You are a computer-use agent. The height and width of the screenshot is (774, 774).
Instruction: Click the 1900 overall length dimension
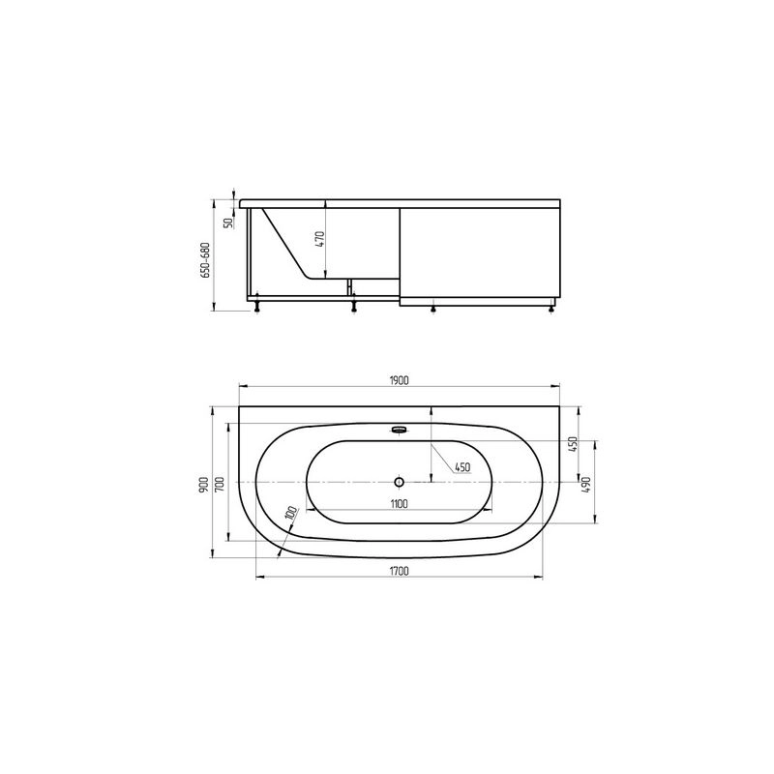coord(399,380)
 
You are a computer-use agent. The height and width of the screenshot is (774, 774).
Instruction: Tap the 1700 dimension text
coord(399,571)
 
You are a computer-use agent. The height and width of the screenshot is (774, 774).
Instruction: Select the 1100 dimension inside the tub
coord(399,503)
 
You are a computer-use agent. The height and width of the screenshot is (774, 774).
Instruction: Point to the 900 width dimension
coord(203,482)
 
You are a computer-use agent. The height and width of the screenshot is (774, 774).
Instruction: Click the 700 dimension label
coord(221,483)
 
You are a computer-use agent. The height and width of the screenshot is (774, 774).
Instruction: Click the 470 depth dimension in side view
coord(320,239)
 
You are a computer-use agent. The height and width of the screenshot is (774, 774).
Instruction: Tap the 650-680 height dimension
coord(205,259)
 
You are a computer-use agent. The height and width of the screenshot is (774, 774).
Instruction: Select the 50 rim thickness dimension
coord(228,223)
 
